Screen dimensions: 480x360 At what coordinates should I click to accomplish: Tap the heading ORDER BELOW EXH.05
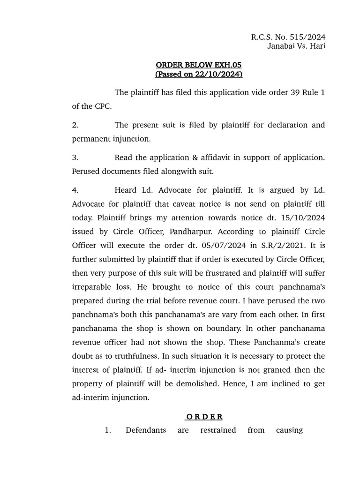point(199,65)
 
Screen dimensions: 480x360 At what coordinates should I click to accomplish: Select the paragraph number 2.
point(75,125)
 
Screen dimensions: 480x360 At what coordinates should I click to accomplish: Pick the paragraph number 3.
point(75,158)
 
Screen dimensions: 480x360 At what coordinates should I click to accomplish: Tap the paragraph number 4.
point(75,190)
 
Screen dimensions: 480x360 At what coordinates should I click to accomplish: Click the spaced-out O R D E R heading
point(204,417)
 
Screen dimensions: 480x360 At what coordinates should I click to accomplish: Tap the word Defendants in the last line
point(145,430)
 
